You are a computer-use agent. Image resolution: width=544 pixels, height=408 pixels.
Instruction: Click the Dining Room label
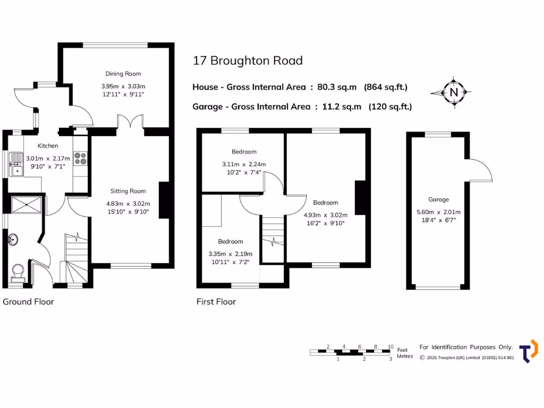(123, 74)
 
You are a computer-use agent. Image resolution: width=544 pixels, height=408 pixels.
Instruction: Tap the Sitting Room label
(128, 191)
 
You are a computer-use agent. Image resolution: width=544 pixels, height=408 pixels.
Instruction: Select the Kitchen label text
(48, 146)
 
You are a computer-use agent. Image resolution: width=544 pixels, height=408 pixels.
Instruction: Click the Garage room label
(439, 200)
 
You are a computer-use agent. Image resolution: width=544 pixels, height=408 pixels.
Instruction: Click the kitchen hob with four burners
(81, 158)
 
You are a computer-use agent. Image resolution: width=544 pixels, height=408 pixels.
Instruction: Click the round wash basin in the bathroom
(13, 241)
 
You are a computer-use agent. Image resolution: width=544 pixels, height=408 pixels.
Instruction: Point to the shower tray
(25, 204)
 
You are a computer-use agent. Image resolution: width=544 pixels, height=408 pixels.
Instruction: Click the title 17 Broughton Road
(248, 61)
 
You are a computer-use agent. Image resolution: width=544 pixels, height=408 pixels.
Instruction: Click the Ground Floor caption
(29, 302)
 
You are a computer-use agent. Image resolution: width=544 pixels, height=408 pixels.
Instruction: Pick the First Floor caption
(216, 302)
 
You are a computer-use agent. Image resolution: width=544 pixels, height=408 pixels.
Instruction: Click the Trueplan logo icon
(528, 351)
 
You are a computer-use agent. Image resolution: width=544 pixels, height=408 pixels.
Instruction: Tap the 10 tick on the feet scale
(390, 346)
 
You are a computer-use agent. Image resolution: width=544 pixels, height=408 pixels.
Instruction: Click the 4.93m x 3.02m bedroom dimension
(326, 215)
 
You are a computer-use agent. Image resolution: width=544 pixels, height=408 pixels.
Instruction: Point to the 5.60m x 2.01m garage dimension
(439, 212)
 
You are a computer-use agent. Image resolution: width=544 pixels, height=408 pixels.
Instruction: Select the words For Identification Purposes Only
(466, 347)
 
